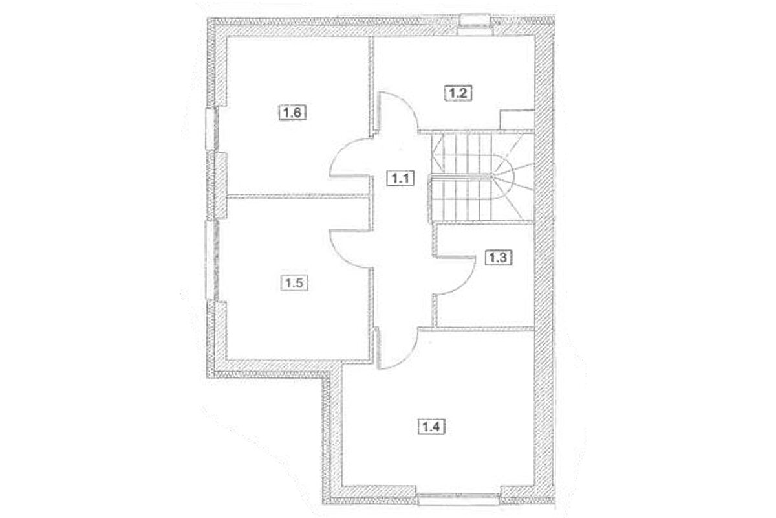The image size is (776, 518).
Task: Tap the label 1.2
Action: tap(460, 93)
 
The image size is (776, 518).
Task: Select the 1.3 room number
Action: tap(499, 258)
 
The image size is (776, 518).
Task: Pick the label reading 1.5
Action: tap(292, 282)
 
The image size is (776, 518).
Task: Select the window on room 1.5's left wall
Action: tap(211, 260)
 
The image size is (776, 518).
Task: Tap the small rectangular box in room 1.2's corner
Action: tap(517, 120)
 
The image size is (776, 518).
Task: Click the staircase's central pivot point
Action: tap(491, 176)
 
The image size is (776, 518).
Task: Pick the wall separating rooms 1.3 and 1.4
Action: tap(485, 328)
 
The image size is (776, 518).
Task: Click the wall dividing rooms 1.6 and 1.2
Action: tap(372, 84)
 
